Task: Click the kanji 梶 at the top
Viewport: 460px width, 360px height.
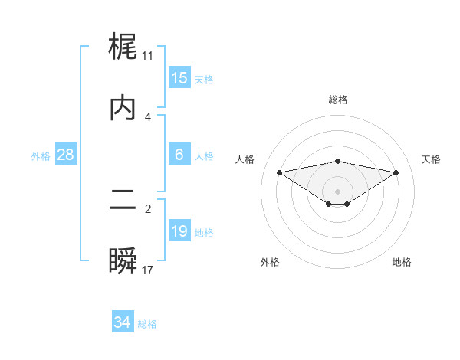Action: [x=123, y=48]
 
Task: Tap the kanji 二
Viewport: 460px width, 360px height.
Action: [x=123, y=200]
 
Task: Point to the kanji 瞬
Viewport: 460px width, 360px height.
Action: [x=123, y=261]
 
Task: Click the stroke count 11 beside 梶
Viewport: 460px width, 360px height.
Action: [x=147, y=56]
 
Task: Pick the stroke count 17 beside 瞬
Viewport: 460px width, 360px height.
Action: [x=147, y=270]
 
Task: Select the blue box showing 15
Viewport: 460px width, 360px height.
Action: [x=179, y=78]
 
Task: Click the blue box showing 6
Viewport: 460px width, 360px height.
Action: [x=179, y=155]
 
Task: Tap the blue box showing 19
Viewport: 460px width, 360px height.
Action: [x=179, y=231]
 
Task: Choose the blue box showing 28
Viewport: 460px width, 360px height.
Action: [x=66, y=155]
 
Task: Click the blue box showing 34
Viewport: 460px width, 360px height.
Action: [x=122, y=322]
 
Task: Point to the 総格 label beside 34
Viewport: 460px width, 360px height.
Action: [x=147, y=324]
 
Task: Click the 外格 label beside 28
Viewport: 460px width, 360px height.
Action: [x=41, y=156]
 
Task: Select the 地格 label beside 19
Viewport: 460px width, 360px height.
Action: [x=204, y=233]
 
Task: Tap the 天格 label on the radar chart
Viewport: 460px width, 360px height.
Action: [x=432, y=159]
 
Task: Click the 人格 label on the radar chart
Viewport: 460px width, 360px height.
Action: [x=245, y=159]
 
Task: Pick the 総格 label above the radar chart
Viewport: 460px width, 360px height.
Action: [x=338, y=100]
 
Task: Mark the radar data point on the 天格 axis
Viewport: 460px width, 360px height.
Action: [x=396, y=172]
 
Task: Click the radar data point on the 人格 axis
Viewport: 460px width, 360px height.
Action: [x=279, y=172]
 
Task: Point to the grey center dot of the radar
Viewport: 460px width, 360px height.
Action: [x=338, y=191]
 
